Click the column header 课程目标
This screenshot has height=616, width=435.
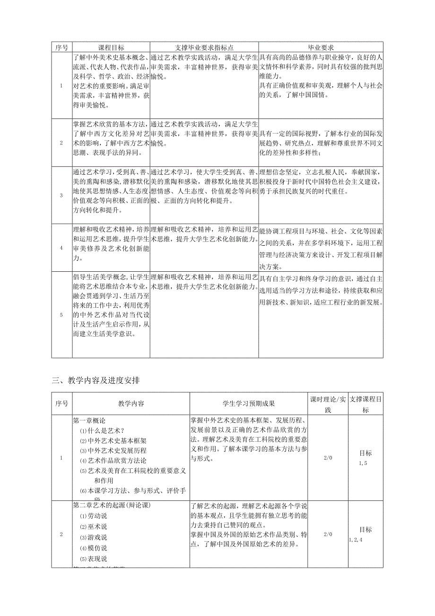pyautogui.click(x=111, y=47)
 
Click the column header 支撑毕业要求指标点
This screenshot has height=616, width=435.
pyautogui.click(x=204, y=47)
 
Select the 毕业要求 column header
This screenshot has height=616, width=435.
pyautogui.click(x=321, y=47)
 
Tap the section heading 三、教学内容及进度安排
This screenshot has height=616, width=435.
pyautogui.click(x=96, y=380)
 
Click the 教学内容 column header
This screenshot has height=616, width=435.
pyautogui.click(x=131, y=403)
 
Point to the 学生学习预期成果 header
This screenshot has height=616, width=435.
pyautogui.click(x=249, y=403)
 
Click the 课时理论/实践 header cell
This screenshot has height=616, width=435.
pyautogui.click(x=328, y=404)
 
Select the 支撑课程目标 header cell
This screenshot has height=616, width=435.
pyautogui.click(x=365, y=404)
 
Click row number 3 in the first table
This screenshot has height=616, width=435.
pyautogui.click(x=61, y=195)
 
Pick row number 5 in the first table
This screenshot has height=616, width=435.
pyautogui.click(x=61, y=314)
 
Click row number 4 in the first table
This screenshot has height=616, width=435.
pyautogui.click(x=61, y=248)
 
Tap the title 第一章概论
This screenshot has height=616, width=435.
pyautogui.click(x=89, y=420)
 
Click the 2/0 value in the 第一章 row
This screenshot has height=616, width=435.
pyautogui.click(x=328, y=458)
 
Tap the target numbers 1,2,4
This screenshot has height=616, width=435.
pyautogui.click(x=356, y=539)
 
